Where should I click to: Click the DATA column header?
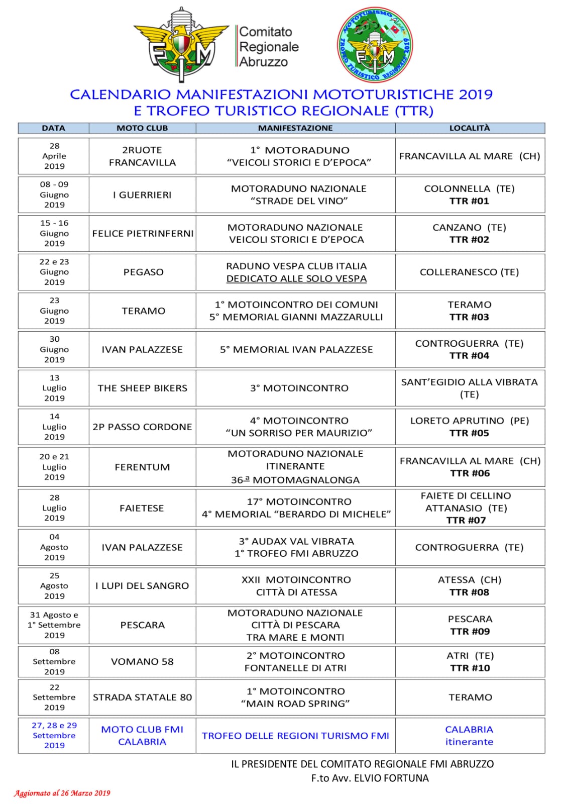[x=53, y=128]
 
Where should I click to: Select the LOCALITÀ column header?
[x=469, y=128]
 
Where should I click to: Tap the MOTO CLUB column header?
[x=142, y=128]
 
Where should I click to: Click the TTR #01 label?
[x=469, y=201]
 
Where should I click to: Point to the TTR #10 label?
[x=470, y=668]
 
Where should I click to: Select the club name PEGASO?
[x=143, y=272]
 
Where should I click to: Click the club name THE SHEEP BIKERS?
[x=142, y=388]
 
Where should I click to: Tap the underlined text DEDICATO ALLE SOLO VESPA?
[x=296, y=278]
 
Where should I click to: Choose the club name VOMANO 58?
[x=142, y=661]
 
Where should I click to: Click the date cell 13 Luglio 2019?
[x=54, y=388]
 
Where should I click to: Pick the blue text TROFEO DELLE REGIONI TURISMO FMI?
[x=295, y=736]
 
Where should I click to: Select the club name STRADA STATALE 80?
[x=142, y=697]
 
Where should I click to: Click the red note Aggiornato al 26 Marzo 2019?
[x=62, y=793]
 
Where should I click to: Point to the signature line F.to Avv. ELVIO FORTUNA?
[x=370, y=778]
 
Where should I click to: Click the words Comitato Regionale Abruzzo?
[x=269, y=47]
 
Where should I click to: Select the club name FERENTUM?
[x=142, y=467]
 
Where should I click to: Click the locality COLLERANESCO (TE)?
[x=469, y=272]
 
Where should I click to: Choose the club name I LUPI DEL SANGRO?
[x=142, y=585]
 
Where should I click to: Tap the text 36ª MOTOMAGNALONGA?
[x=295, y=480]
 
